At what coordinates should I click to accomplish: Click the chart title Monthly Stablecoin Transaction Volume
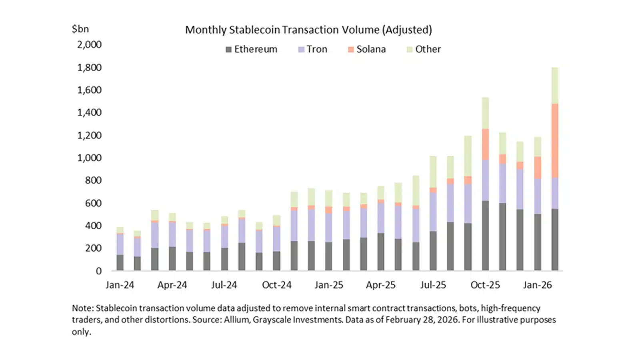[308, 30]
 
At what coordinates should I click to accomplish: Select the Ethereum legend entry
[252, 49]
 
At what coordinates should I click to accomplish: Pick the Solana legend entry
[367, 49]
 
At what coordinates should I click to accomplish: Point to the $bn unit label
[80, 29]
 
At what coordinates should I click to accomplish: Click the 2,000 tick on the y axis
[89, 44]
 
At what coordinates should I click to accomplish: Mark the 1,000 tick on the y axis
[89, 158]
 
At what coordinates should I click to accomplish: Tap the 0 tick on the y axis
[98, 271]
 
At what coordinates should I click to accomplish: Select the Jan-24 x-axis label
[120, 285]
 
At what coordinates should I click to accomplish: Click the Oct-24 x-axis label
[276, 285]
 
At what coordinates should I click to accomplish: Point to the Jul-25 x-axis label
[433, 285]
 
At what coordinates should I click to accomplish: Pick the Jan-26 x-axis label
[537, 285]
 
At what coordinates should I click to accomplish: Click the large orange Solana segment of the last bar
[555, 140]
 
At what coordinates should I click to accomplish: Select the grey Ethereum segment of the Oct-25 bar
[485, 236]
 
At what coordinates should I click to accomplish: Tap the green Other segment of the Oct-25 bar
[485, 113]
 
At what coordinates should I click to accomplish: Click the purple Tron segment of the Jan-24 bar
[120, 244]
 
